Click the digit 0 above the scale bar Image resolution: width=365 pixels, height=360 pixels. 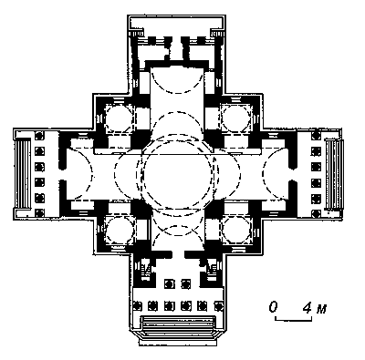pos(273,307)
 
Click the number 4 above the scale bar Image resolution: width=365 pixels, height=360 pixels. pos(308,308)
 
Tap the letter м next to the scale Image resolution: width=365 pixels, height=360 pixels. pos(321,310)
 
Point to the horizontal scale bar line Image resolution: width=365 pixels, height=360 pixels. pos(294,320)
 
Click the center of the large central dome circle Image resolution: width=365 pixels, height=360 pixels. pos(178,174)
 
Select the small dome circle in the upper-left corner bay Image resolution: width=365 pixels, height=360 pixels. pos(120,118)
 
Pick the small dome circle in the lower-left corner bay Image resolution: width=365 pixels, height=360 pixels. pos(120,230)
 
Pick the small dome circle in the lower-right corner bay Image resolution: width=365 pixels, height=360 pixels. pos(236,230)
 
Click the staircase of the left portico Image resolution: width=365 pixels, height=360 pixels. pos(23,173)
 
